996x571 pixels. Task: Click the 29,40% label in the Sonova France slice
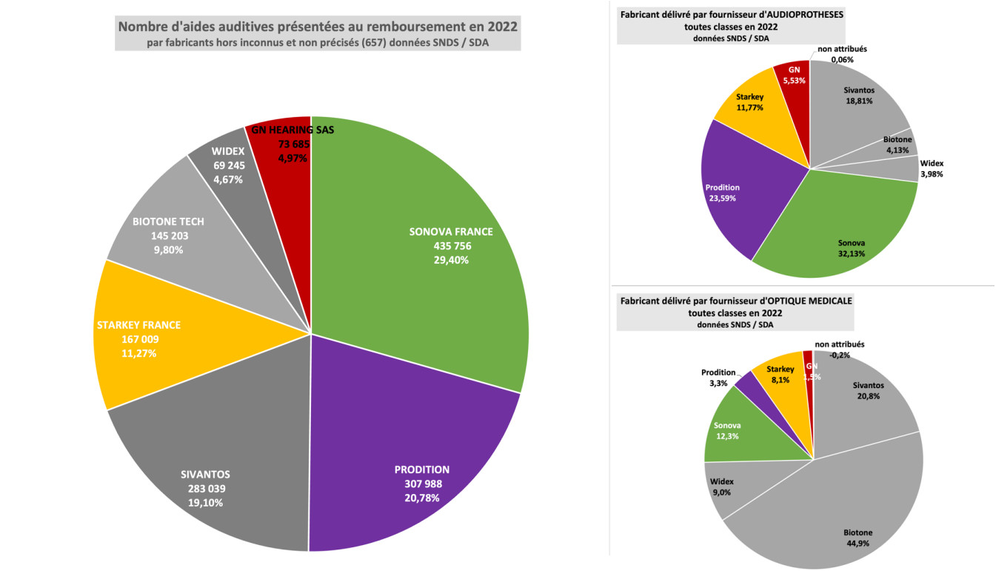point(450,260)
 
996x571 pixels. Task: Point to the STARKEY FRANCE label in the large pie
point(138,325)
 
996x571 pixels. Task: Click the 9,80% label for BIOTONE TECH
point(168,250)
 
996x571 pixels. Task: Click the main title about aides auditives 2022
point(318,27)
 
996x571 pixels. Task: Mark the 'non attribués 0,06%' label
point(841,54)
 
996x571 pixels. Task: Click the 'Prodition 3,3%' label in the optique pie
point(718,378)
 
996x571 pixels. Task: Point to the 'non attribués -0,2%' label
point(839,350)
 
